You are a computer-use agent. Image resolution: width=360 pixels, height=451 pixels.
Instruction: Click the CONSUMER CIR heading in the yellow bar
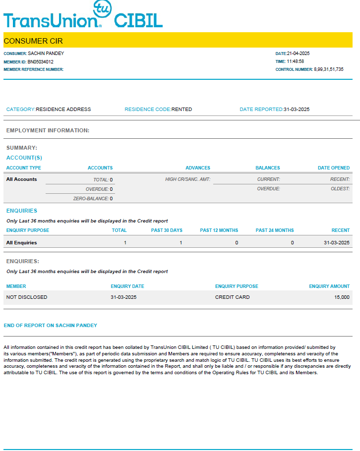[x=33, y=41]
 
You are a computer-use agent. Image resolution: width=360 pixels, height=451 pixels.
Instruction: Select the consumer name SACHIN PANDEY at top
[x=46, y=54]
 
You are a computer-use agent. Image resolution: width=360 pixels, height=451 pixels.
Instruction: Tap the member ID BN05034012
[x=41, y=62]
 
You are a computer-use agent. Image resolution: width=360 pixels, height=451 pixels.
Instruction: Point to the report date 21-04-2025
[x=299, y=54]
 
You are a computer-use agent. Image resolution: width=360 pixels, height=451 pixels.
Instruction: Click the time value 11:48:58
[x=296, y=62]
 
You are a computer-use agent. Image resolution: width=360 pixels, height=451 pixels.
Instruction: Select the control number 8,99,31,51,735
[x=328, y=70]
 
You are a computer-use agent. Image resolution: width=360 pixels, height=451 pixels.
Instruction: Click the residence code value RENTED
[x=181, y=110]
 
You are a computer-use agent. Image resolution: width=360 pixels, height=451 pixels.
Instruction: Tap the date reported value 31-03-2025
[x=297, y=110]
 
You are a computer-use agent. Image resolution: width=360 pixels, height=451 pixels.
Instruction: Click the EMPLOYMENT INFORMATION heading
[x=48, y=131]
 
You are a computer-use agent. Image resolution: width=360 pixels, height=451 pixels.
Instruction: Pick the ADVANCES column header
[x=198, y=168]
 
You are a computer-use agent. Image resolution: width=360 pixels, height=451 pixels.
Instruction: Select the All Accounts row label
[x=21, y=179]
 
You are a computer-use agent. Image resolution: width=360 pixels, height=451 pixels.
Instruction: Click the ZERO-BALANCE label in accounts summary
[x=91, y=199]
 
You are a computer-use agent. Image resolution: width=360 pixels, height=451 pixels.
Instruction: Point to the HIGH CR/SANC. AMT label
[x=187, y=179]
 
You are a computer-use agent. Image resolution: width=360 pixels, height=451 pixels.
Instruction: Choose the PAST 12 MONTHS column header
[x=219, y=230]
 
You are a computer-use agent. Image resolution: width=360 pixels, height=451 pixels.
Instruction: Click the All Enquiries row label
[x=21, y=243]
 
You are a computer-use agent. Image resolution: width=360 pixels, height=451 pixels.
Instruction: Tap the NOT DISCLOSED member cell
[x=27, y=297]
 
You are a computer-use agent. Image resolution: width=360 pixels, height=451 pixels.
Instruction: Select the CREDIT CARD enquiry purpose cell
[x=232, y=297]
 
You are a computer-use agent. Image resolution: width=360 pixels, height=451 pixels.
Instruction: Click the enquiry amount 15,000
[x=342, y=297]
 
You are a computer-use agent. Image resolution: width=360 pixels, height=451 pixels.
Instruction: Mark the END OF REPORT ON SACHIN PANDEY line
[x=51, y=326]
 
